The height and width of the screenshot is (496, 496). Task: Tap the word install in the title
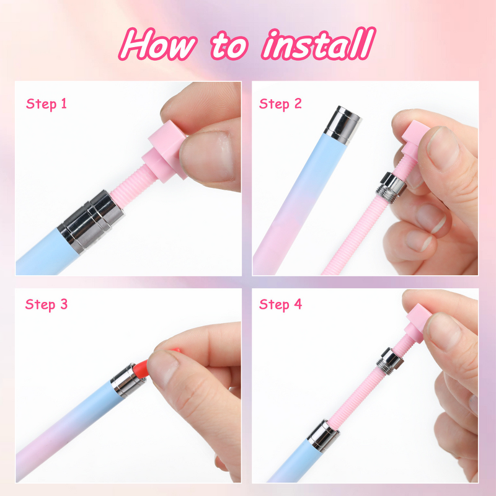click(317, 44)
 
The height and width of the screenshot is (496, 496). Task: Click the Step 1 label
click(46, 104)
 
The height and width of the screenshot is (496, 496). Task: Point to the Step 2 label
click(280, 104)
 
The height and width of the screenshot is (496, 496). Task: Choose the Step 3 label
click(46, 304)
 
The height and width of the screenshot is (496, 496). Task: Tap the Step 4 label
click(280, 304)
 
